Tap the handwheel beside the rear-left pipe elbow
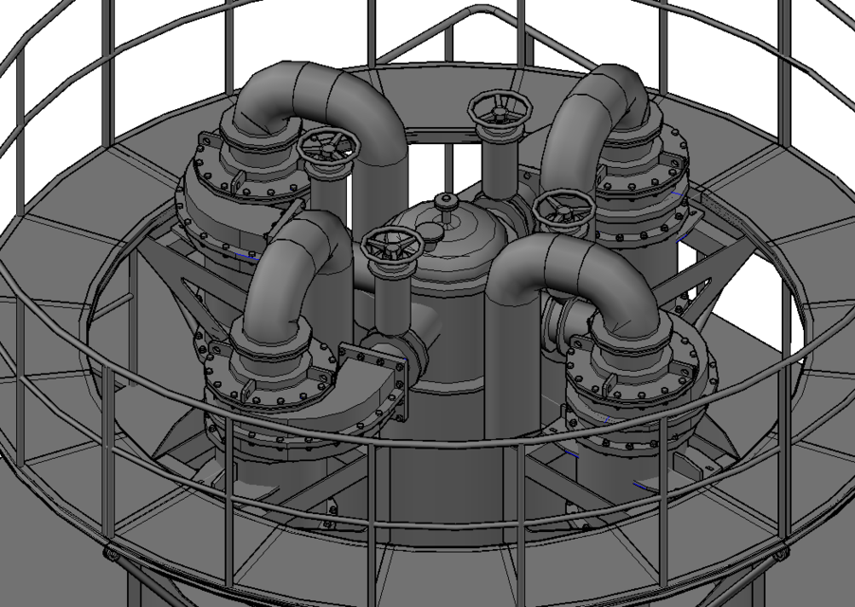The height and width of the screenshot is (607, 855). click(x=328, y=147)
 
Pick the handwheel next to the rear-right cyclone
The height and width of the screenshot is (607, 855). click(x=564, y=210)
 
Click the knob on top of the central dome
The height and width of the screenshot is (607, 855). click(x=444, y=201)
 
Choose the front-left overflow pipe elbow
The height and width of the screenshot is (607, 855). click(x=294, y=256)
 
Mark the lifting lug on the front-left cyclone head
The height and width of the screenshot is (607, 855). click(x=248, y=390)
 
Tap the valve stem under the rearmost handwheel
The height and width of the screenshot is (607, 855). click(x=497, y=161)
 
